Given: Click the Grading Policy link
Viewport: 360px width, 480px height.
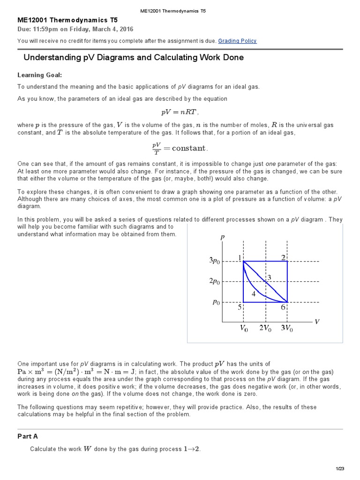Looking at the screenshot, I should pyautogui.click(x=237, y=41).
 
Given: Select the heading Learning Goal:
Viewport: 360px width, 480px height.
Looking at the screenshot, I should pyautogui.click(x=39, y=75).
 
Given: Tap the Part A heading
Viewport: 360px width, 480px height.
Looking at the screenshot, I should pyautogui.click(x=28, y=436).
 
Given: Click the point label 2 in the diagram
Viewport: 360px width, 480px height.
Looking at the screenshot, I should pyautogui.click(x=283, y=257).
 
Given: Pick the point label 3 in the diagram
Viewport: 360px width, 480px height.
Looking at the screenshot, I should pyautogui.click(x=269, y=278).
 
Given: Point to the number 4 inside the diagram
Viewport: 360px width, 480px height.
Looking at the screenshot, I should pyautogui.click(x=253, y=294).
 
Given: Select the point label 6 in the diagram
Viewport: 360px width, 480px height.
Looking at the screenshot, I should pyautogui.click(x=283, y=307).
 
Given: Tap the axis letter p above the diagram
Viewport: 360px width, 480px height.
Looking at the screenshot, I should pyautogui.click(x=223, y=238).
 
